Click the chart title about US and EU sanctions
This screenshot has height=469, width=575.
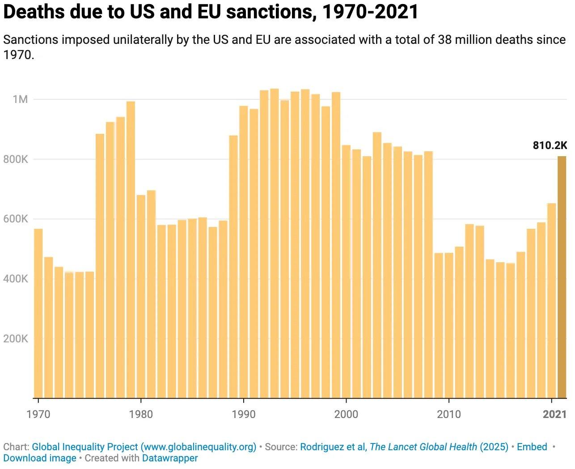tap(211, 12)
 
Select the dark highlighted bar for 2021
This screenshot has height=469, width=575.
tap(562, 277)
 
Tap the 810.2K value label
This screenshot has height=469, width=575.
tap(550, 145)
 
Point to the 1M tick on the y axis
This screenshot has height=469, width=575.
tap(20, 99)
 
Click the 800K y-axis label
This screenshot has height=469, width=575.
tap(16, 159)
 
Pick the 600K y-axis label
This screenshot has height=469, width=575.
tap(16, 219)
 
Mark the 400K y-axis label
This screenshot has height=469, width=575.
tap(16, 279)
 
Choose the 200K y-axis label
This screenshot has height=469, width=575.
tap(16, 339)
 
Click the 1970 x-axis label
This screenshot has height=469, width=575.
tap(38, 414)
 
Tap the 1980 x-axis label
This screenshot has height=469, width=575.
tap(141, 414)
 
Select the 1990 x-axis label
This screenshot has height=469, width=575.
tap(244, 414)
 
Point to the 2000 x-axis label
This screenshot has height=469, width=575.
tap(346, 414)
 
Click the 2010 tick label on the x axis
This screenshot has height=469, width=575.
tap(448, 414)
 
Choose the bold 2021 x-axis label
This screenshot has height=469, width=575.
tap(554, 414)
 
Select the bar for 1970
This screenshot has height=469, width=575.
tap(38, 313)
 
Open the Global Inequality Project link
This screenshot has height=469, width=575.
tap(144, 447)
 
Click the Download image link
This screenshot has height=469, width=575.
tap(40, 458)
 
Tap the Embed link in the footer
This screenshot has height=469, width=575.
tap(532, 447)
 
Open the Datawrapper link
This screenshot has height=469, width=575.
tap(170, 458)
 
